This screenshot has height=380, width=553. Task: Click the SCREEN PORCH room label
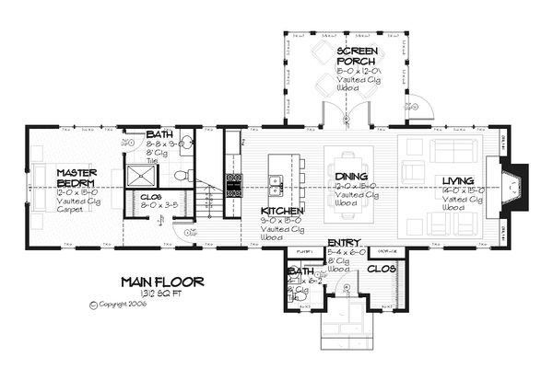point(354,55)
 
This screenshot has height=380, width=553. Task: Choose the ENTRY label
point(345,244)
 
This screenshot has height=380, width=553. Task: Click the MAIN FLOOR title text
point(161,281)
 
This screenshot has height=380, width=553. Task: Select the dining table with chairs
point(354,185)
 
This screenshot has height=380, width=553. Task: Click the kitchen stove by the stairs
point(234,185)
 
